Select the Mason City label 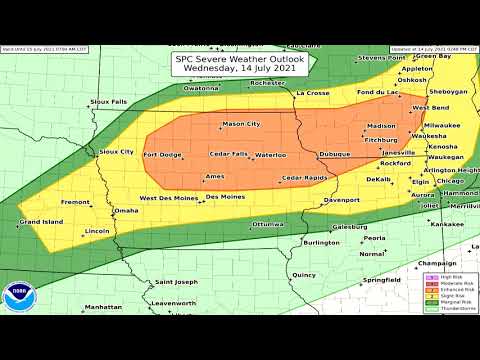click(240, 124)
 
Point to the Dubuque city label click(335, 154)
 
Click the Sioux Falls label click(109, 102)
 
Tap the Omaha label click(127, 211)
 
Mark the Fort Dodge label click(163, 155)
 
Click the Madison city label click(382, 126)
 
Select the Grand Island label click(41, 222)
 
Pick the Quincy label click(305, 274)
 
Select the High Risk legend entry click(445, 277)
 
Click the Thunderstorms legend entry click(447, 308)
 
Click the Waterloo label click(270, 155)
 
